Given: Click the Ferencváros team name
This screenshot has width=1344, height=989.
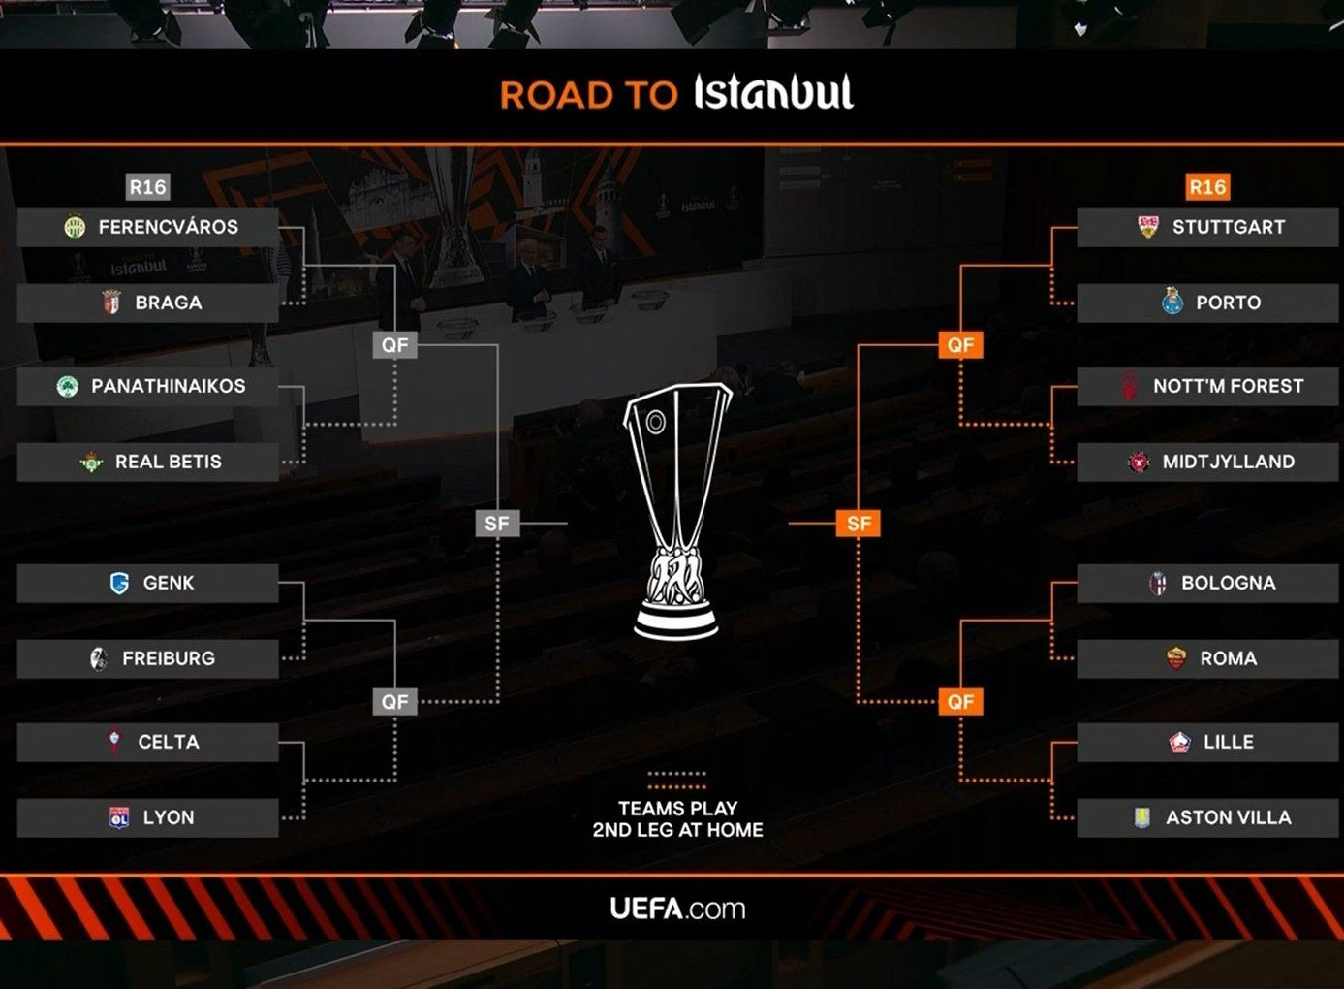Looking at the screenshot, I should pyautogui.click(x=168, y=227).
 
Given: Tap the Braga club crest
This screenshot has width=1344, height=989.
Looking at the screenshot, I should pyautogui.click(x=111, y=303).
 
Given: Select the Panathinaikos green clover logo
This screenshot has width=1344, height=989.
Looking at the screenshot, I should pyautogui.click(x=68, y=387).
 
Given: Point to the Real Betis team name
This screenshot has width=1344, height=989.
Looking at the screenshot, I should pyautogui.click(x=168, y=462).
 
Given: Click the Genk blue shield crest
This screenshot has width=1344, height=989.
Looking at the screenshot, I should pyautogui.click(x=119, y=583).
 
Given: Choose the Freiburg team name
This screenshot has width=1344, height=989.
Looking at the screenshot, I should pyautogui.click(x=168, y=658).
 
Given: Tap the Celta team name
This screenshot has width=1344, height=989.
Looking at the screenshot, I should pyautogui.click(x=168, y=742).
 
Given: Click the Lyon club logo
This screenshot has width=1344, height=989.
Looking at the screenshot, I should pyautogui.click(x=119, y=817).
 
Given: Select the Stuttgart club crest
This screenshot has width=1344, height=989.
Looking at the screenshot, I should pyautogui.click(x=1148, y=227).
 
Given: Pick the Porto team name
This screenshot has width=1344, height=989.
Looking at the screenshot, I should pyautogui.click(x=1228, y=303).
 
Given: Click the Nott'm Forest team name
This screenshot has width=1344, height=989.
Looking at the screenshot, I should pyautogui.click(x=1228, y=386).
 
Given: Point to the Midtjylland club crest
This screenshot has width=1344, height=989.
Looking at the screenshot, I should pyautogui.click(x=1139, y=463).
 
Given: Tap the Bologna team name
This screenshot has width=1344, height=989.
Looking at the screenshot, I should pyautogui.click(x=1228, y=583).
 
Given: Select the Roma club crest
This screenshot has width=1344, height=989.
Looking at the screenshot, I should pyautogui.click(x=1176, y=658).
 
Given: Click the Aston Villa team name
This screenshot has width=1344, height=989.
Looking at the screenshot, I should pyautogui.click(x=1228, y=817).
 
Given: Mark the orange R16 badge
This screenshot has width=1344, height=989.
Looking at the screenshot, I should pyautogui.click(x=1207, y=187).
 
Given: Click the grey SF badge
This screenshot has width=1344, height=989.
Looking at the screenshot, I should pyautogui.click(x=497, y=524).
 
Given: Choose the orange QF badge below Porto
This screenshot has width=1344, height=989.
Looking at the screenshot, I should pyautogui.click(x=960, y=345).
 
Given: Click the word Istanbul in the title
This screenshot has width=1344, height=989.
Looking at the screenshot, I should pyautogui.click(x=773, y=93).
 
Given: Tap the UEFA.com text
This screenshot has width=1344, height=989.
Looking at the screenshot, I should pyautogui.click(x=677, y=909).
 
